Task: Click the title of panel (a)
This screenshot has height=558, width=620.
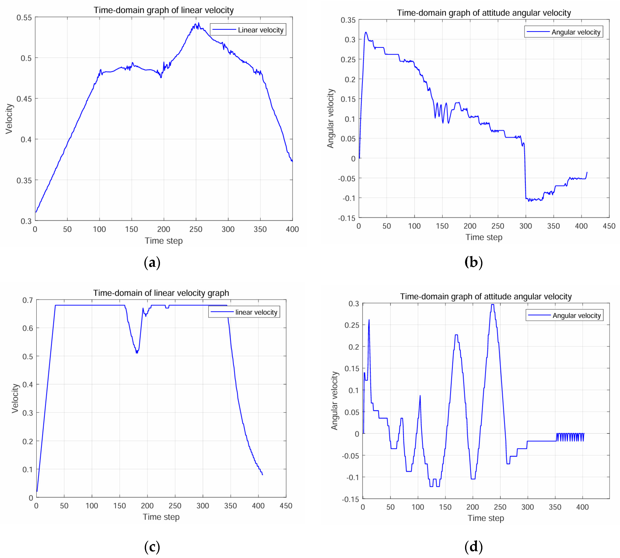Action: tap(164, 10)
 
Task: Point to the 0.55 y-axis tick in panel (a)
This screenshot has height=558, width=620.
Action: tap(24, 18)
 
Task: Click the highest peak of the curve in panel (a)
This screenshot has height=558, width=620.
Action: tap(198, 23)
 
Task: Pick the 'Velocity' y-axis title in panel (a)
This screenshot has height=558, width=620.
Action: tap(9, 119)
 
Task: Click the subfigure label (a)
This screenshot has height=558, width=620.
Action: tap(152, 263)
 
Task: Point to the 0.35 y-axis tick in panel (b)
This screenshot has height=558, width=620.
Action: tap(348, 20)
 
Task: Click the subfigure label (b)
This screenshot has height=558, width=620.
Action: tap(473, 263)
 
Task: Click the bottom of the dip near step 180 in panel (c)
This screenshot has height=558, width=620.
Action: tap(137, 353)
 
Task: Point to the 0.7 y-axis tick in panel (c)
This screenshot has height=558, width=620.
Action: tap(28, 300)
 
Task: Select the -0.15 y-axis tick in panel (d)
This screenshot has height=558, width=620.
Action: tap(350, 499)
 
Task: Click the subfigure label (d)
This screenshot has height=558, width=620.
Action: tap(473, 547)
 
